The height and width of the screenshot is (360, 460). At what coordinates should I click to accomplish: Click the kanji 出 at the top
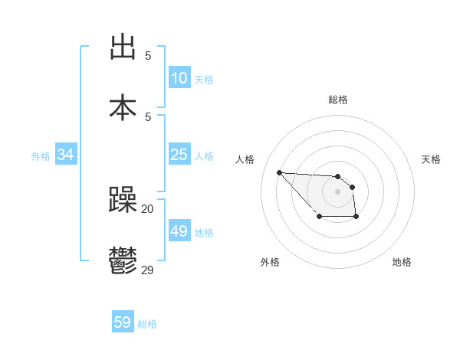(123, 47)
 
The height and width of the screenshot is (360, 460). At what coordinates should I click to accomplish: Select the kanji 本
(123, 107)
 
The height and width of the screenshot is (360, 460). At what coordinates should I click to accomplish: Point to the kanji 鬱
(123, 260)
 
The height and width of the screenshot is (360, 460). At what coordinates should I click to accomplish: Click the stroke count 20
(147, 209)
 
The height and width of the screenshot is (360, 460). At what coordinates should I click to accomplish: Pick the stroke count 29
(147, 270)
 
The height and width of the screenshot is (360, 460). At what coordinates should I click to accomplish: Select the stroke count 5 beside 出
(147, 56)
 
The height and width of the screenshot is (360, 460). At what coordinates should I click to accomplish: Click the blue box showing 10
(179, 78)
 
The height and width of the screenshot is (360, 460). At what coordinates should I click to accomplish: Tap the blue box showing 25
(179, 155)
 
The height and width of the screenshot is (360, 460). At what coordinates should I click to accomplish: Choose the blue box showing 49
(179, 231)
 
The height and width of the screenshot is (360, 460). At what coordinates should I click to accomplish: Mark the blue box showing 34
(66, 155)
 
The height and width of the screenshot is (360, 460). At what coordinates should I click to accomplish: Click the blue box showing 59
(123, 322)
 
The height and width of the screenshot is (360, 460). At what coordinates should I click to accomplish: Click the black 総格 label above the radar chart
(337, 100)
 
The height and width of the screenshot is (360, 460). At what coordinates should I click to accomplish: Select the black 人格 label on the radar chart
(245, 159)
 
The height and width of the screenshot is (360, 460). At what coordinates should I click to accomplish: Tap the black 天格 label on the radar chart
(431, 159)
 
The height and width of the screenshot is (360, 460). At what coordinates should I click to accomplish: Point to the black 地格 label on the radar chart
(402, 262)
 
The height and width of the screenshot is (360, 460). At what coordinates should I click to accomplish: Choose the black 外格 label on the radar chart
(270, 262)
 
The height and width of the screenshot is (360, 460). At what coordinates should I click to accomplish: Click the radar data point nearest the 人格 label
(279, 172)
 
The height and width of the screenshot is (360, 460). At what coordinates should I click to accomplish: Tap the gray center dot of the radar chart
(337, 191)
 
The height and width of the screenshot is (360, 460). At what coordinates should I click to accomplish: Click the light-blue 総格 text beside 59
(147, 324)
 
